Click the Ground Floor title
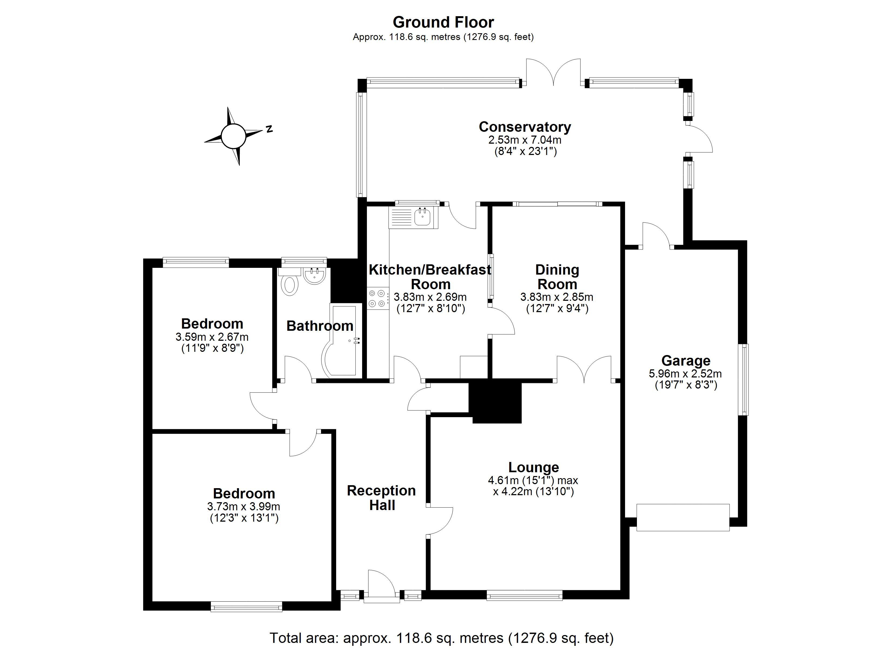tap(443, 22)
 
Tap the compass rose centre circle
tap(233, 136)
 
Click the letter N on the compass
tap(269, 129)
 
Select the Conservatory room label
tap(524, 127)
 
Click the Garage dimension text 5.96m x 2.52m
tap(686, 373)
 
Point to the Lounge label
tap(534, 467)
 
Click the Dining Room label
tap(557, 277)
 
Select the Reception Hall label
tap(382, 498)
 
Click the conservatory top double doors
tap(553, 73)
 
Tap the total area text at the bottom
tap(441, 637)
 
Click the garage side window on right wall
tap(743, 380)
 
